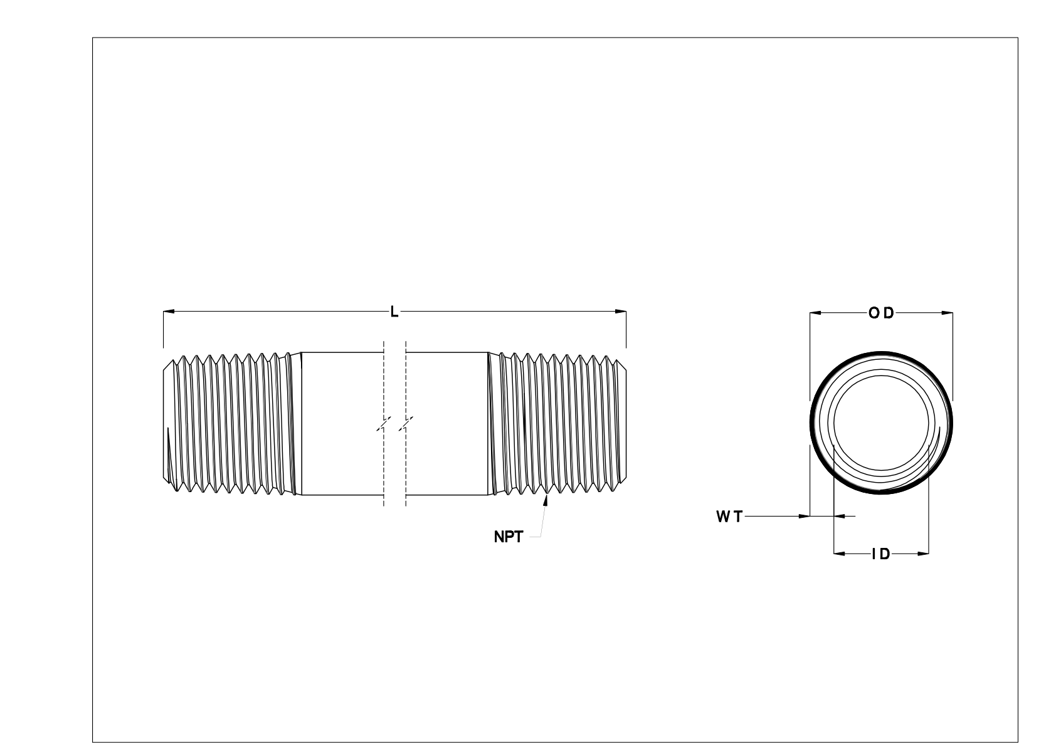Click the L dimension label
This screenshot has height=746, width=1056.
click(x=394, y=312)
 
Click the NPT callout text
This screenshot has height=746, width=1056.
click(x=508, y=537)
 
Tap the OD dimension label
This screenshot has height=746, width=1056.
click(x=881, y=313)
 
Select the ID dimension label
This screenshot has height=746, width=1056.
click(x=881, y=554)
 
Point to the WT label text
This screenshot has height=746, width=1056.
click(x=729, y=517)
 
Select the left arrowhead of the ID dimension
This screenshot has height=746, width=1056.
click(x=839, y=554)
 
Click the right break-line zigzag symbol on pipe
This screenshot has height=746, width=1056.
click(x=406, y=424)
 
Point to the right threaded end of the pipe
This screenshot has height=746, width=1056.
click(x=558, y=424)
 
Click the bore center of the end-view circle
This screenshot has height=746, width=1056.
click(x=881, y=423)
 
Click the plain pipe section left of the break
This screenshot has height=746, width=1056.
click(x=342, y=424)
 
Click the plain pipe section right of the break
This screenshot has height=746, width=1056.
click(x=446, y=424)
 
